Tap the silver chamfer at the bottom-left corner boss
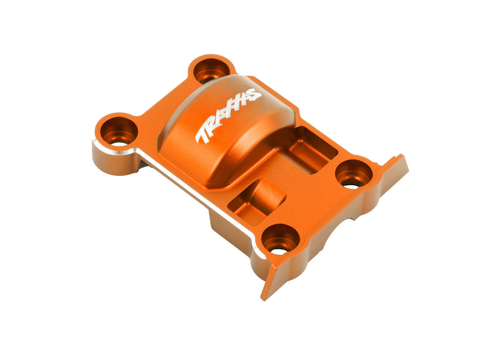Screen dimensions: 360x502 [257, 252]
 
